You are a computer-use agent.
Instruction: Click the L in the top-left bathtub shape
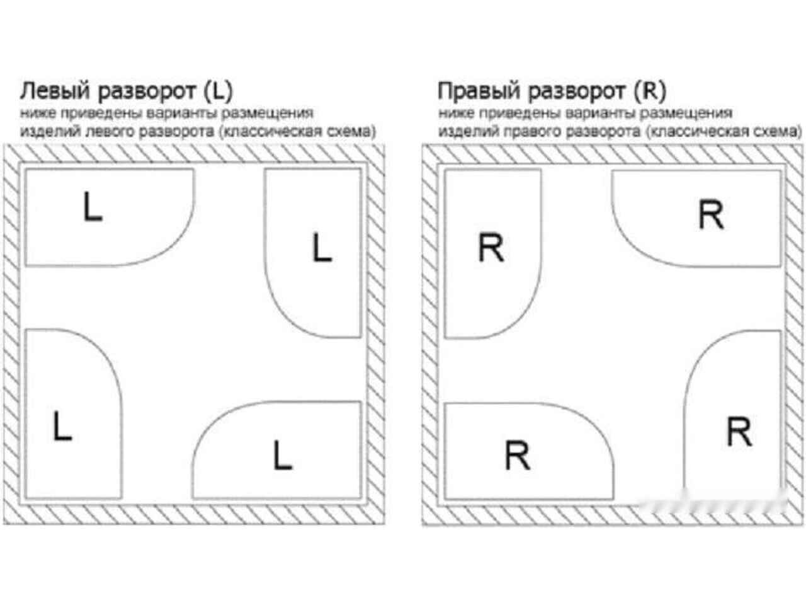coord(93,207)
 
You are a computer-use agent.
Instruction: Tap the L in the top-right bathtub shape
coord(322,247)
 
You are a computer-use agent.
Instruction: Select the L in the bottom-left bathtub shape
coord(62,426)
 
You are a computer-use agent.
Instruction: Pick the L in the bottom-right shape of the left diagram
coord(283,456)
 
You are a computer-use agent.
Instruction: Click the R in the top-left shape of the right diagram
coord(491,248)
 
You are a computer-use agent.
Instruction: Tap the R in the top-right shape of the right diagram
coord(710,214)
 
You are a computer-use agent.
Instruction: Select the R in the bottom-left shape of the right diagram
coord(518,456)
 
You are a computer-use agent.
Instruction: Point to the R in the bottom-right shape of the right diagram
coord(739,432)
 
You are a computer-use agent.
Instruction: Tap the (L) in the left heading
coord(218,91)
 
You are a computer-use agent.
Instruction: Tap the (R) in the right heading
coord(650,91)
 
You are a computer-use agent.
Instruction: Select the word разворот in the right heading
coord(577,92)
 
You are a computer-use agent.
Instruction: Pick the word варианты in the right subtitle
coord(601,113)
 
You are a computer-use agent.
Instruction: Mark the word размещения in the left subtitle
coord(267,113)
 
